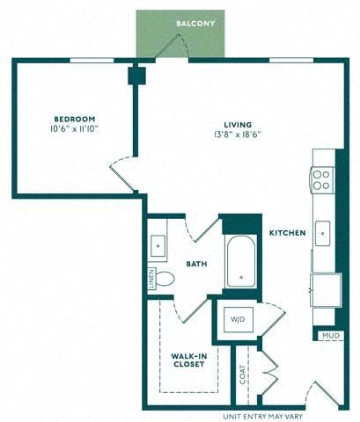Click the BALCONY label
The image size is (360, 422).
[x=195, y=24]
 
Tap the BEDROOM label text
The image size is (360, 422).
[x=75, y=119]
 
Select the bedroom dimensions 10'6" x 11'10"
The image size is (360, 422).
[x=74, y=128]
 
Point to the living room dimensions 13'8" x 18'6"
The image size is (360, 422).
[x=238, y=135]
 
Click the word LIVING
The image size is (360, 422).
[x=238, y=125]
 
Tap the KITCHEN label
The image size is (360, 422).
[x=288, y=233]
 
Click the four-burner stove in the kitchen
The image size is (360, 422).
[x=322, y=180]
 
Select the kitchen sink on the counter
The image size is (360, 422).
[x=323, y=234]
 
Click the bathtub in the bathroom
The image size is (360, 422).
[x=241, y=261]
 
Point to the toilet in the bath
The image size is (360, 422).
[x=164, y=278]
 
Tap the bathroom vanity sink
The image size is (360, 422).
[x=158, y=245]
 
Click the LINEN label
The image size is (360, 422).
[x=151, y=279]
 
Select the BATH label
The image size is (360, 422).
[x=196, y=264]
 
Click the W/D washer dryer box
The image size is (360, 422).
[x=238, y=319]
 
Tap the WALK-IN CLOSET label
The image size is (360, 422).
[x=189, y=360]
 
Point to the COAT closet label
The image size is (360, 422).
[x=242, y=375]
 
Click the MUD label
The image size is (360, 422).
[x=331, y=336]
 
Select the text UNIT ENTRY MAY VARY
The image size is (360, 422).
[x=263, y=417]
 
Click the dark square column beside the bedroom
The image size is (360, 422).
[x=136, y=76]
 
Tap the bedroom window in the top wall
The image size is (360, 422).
[x=92, y=61]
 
